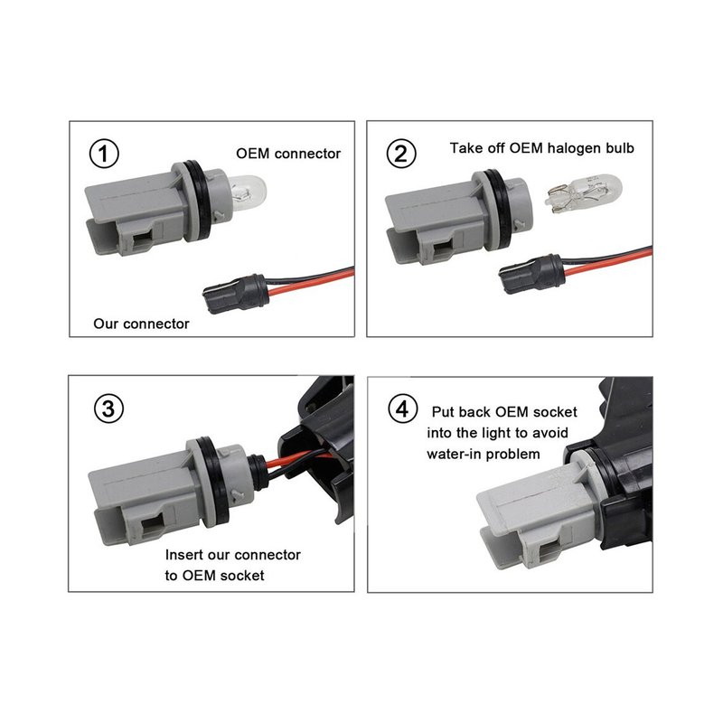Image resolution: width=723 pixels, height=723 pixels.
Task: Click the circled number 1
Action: pos(104,154)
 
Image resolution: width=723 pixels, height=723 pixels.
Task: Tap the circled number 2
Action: pos(401,154)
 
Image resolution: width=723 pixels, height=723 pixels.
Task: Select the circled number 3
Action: pos(108,408)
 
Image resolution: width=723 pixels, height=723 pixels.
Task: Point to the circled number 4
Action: pos(402,408)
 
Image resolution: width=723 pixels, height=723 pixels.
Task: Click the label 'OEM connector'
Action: pos(288,154)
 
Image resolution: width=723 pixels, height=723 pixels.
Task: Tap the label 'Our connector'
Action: pos(141,324)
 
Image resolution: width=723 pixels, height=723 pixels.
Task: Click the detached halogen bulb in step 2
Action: pos(583,193)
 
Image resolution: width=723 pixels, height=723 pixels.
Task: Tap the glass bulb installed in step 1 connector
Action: pos(248,192)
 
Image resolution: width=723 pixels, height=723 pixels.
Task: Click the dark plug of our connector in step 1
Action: pos(236,293)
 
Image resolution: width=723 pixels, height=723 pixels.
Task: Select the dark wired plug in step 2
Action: pos(532,274)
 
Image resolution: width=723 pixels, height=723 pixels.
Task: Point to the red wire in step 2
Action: pos(608,262)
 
